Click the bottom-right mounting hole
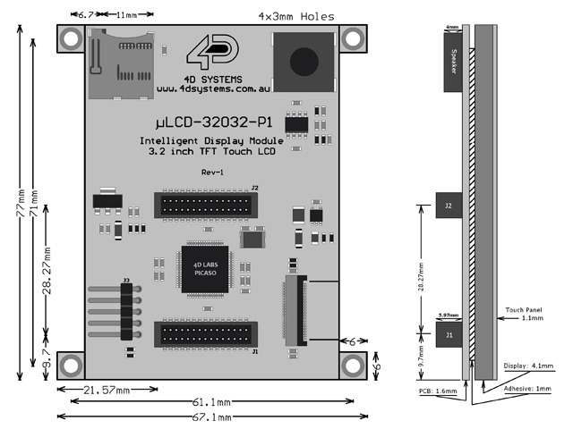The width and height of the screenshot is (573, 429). [x=354, y=366]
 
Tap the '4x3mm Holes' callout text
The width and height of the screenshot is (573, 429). [x=296, y=16]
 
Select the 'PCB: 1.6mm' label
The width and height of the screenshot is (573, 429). [x=438, y=391]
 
